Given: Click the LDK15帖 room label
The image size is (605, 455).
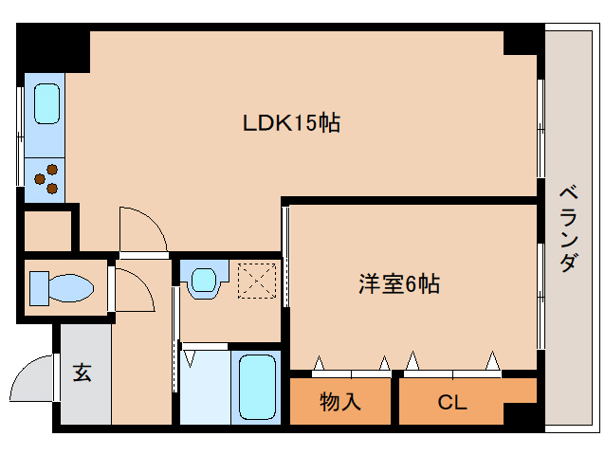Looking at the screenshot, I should click(x=291, y=122).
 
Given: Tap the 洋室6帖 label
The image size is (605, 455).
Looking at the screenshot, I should click(x=398, y=283).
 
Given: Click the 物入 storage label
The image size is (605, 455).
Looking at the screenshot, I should click(x=340, y=402).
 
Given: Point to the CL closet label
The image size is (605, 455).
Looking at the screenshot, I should click(x=452, y=402).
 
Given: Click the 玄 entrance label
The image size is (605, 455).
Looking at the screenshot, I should click(x=82, y=373).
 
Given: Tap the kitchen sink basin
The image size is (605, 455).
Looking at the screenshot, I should click(x=46, y=103).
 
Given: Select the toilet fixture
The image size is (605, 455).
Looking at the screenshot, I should click(x=60, y=286).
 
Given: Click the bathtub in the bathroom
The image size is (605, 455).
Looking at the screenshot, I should click(x=255, y=387).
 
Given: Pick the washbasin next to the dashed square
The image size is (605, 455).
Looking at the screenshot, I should click(x=204, y=280).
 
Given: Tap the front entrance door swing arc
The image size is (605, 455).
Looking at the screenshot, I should click(x=32, y=379).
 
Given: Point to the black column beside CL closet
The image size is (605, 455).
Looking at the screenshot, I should click(x=522, y=413).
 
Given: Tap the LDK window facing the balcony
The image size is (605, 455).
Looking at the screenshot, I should click(x=541, y=128).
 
